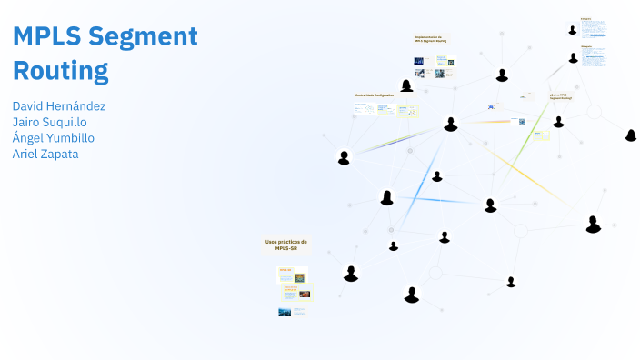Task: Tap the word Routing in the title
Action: click(60, 70)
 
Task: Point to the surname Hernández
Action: click(77, 105)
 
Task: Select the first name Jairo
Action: click(27, 122)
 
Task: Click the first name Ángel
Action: click(29, 137)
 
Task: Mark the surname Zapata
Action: click(62, 154)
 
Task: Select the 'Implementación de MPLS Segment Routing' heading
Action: click(430, 39)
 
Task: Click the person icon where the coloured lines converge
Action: click(450, 124)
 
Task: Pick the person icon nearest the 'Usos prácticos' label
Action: click(351, 273)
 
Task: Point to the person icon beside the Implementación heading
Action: click(406, 85)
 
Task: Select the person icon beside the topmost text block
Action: click(573, 29)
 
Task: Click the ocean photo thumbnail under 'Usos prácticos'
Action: click(285, 312)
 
